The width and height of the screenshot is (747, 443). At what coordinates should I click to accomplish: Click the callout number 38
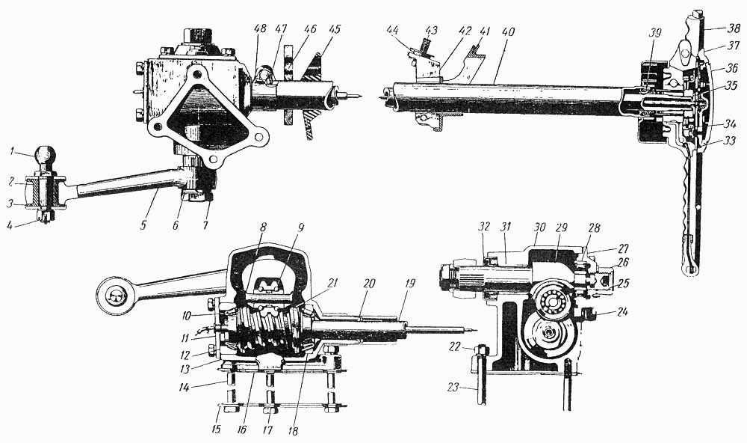[x=734, y=28]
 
